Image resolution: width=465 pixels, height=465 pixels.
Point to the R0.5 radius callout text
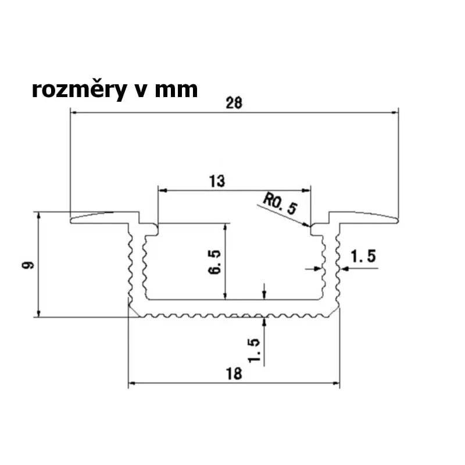[x=279, y=205]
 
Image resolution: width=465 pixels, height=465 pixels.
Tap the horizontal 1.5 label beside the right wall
[x=363, y=255]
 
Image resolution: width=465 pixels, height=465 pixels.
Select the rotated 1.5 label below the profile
[x=253, y=349]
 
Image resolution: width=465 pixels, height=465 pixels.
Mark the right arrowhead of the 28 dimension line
[x=396, y=113]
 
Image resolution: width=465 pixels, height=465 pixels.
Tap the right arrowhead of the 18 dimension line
[x=337, y=384]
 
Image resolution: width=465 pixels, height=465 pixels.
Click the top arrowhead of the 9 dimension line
[x=38, y=216]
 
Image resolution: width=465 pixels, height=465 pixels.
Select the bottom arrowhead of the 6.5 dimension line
[x=226, y=297]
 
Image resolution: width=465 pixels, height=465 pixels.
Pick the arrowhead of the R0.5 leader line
[x=308, y=225]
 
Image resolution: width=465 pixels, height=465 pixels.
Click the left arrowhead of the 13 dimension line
[x=162, y=189]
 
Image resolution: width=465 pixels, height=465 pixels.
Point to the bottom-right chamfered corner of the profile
[x=335, y=313]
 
